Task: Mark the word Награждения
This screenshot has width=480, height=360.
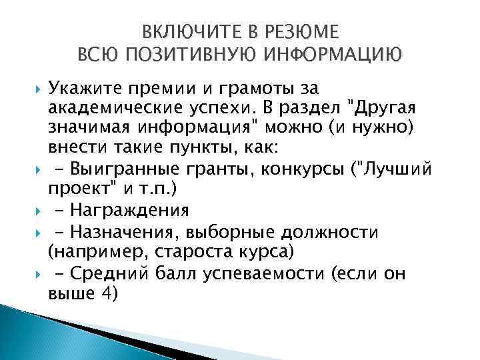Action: point(136,210)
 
